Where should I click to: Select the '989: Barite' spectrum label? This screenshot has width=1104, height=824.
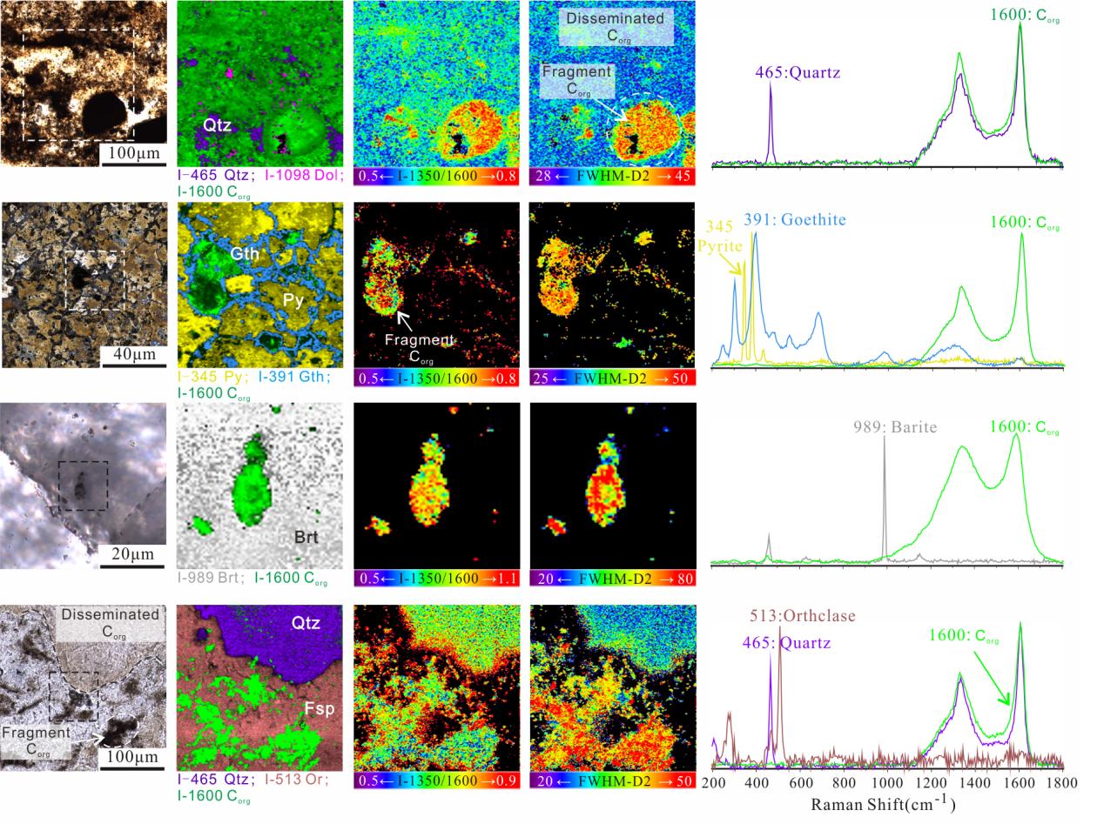point(894,427)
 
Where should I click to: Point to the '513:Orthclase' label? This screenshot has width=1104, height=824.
point(803,617)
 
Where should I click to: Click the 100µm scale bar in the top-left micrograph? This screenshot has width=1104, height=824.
point(134,154)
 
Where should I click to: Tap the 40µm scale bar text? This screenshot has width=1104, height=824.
point(133,355)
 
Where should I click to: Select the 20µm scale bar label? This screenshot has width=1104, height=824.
point(132,555)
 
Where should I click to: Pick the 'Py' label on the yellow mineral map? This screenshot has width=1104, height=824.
point(294,300)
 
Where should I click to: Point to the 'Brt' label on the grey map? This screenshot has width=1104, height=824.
point(306,537)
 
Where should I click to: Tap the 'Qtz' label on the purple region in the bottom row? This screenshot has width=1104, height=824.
point(306,623)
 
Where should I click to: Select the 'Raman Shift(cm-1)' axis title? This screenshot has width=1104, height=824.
point(883,804)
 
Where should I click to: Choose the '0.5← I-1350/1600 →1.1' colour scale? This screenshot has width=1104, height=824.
point(437,578)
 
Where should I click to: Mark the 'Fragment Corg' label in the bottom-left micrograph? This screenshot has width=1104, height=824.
point(36,740)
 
